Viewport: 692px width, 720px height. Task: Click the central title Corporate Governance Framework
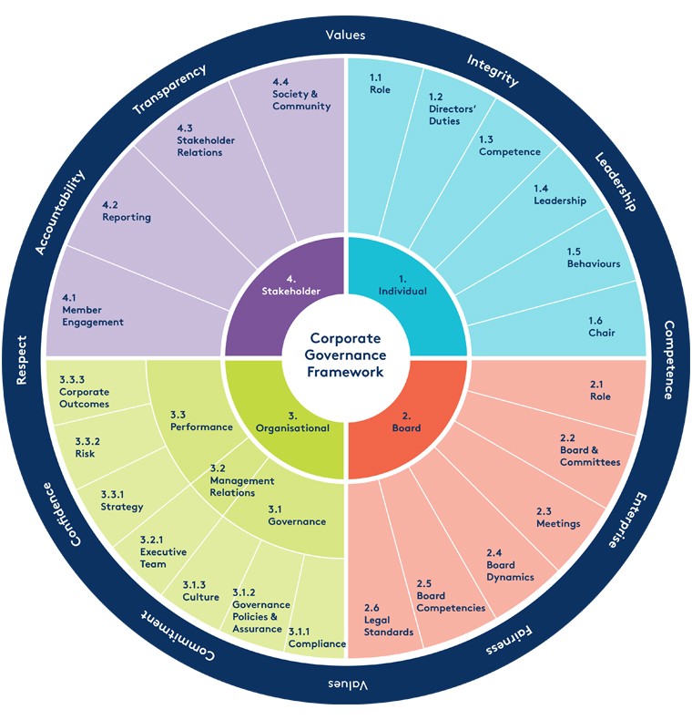pyautogui.click(x=346, y=355)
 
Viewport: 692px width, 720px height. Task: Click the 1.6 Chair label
pyautogui.click(x=601, y=327)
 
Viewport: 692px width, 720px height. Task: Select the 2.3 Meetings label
pyautogui.click(x=557, y=517)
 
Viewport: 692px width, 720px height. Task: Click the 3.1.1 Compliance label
pyautogui.click(x=316, y=638)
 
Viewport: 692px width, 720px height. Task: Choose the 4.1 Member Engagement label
pyautogui.click(x=92, y=310)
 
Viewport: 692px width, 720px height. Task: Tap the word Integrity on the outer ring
pyautogui.click(x=493, y=70)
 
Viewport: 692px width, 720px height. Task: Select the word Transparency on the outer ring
pyautogui.click(x=169, y=87)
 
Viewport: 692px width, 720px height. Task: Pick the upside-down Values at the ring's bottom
pyautogui.click(x=346, y=685)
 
